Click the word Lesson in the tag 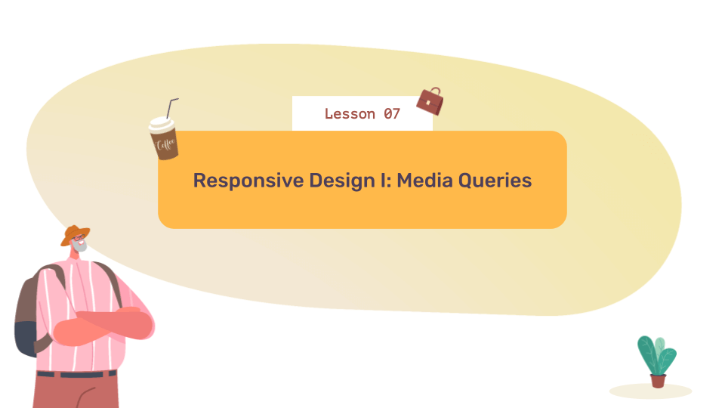coord(350,114)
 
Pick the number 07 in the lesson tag coord(391,114)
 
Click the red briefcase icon coord(430,102)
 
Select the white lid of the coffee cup coord(161,125)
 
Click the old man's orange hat coord(75,233)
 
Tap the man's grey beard coord(80,247)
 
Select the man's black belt coord(76,374)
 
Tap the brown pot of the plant coord(659,380)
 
